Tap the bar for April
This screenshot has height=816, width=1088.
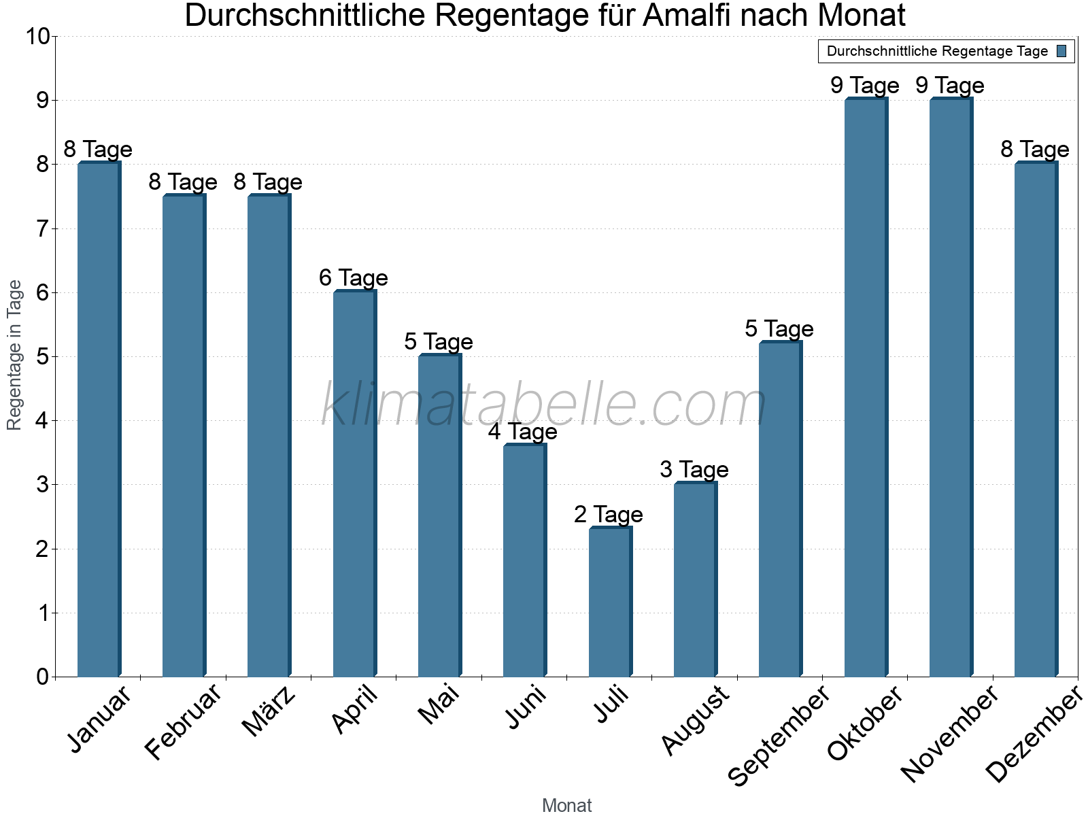(354, 483)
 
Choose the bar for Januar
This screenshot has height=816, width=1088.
(99, 420)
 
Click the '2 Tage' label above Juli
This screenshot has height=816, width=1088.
(608, 514)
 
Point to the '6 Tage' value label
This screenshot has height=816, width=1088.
(353, 277)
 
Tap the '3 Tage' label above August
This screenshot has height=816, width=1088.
(694, 469)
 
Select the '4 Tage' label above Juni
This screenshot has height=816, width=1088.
(522, 431)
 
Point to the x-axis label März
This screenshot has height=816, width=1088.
(269, 712)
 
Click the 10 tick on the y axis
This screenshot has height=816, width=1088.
(38, 36)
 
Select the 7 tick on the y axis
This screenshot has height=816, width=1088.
(43, 228)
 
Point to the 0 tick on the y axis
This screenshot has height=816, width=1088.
(43, 677)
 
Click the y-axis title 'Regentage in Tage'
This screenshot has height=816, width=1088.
(15, 355)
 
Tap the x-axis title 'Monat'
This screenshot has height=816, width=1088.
(566, 805)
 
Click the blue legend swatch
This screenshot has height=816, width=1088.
(1061, 51)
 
